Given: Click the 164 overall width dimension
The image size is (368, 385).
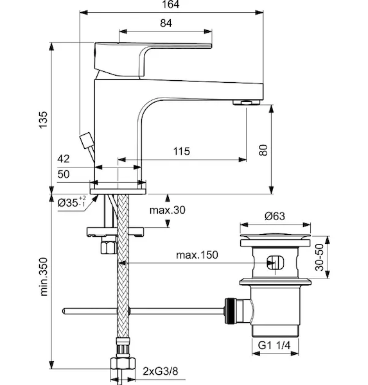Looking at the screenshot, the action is (170, 4).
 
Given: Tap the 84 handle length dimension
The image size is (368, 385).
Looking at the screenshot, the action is (166, 23).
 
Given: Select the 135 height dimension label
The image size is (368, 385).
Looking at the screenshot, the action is (43, 119).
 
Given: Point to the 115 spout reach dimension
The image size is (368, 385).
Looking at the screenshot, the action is (182, 151).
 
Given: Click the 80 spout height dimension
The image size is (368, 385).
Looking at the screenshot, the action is (263, 150).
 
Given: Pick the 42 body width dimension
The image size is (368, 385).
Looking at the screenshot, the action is (64, 159).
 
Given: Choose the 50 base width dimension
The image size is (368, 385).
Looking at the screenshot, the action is (64, 174).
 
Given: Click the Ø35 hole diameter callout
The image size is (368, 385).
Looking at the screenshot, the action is (72, 202).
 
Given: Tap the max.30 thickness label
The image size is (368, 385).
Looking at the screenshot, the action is (168, 210).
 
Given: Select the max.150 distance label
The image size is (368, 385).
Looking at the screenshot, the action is (197, 255).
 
